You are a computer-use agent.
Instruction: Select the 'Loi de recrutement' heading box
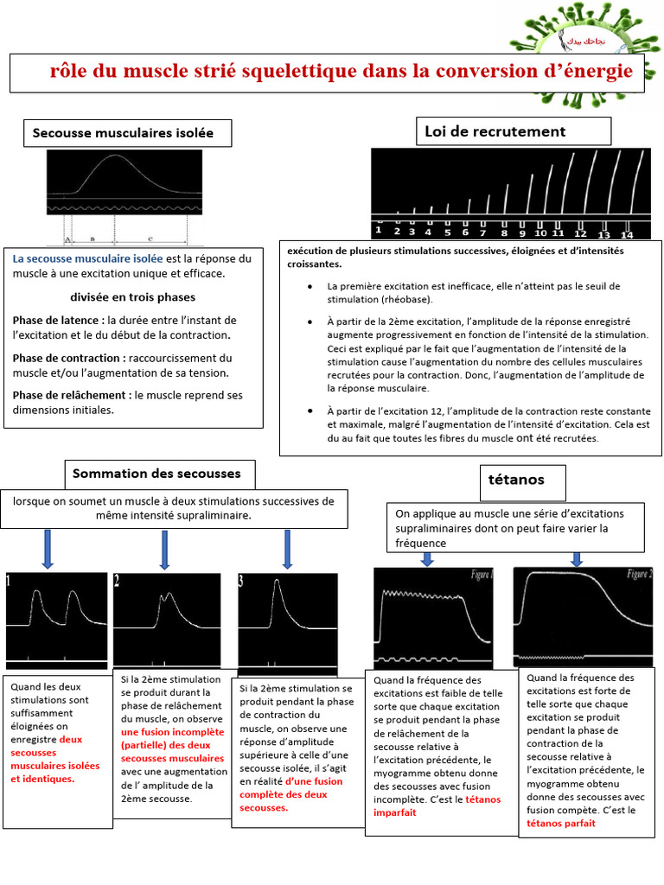click(495, 131)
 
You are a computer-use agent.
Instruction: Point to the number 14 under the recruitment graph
click(627, 235)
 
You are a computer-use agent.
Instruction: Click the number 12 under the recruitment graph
click(580, 234)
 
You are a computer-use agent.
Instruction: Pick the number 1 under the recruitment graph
click(379, 231)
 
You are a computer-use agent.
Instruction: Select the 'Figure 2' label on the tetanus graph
click(639, 574)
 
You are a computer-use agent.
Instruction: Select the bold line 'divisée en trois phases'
click(131, 296)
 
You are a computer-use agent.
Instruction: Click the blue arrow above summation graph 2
click(163, 549)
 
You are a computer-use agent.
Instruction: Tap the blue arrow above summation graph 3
click(288, 549)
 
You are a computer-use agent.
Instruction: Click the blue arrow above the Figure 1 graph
click(426, 558)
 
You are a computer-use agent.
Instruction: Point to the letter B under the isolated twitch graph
click(92, 237)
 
